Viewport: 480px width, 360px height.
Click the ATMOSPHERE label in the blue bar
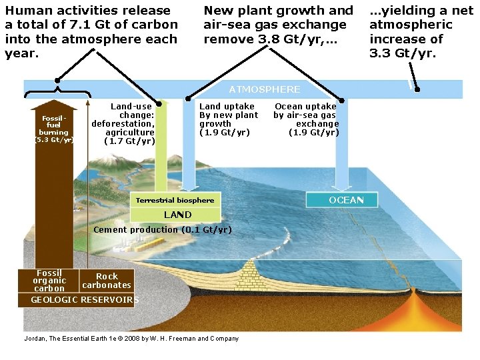coord(265,89)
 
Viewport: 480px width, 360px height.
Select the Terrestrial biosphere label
coord(175,200)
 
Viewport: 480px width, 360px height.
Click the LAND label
coord(177,215)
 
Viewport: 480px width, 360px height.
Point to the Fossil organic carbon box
coord(50,281)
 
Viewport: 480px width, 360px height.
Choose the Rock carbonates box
coord(107,281)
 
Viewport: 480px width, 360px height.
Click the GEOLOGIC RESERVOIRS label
coord(85,299)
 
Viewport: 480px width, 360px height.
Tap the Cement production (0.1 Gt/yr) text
coord(163,230)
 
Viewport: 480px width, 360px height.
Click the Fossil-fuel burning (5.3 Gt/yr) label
coord(53,129)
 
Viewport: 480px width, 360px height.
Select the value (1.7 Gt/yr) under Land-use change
coord(130,141)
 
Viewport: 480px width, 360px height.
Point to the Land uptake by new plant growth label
coord(228,119)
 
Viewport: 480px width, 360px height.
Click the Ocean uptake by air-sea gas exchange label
coord(306,119)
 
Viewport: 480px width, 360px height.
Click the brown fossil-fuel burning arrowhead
coord(53,105)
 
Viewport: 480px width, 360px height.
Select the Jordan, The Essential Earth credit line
coord(131,339)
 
